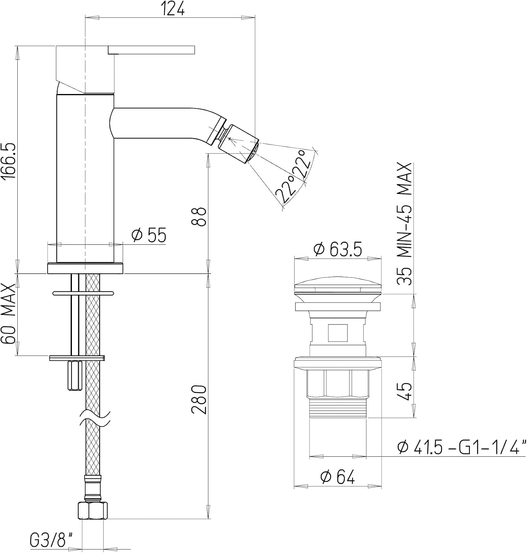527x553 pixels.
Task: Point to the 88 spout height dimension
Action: (x=199, y=216)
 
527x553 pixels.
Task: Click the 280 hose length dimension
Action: (x=199, y=399)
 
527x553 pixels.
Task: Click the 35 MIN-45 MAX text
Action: (x=404, y=224)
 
